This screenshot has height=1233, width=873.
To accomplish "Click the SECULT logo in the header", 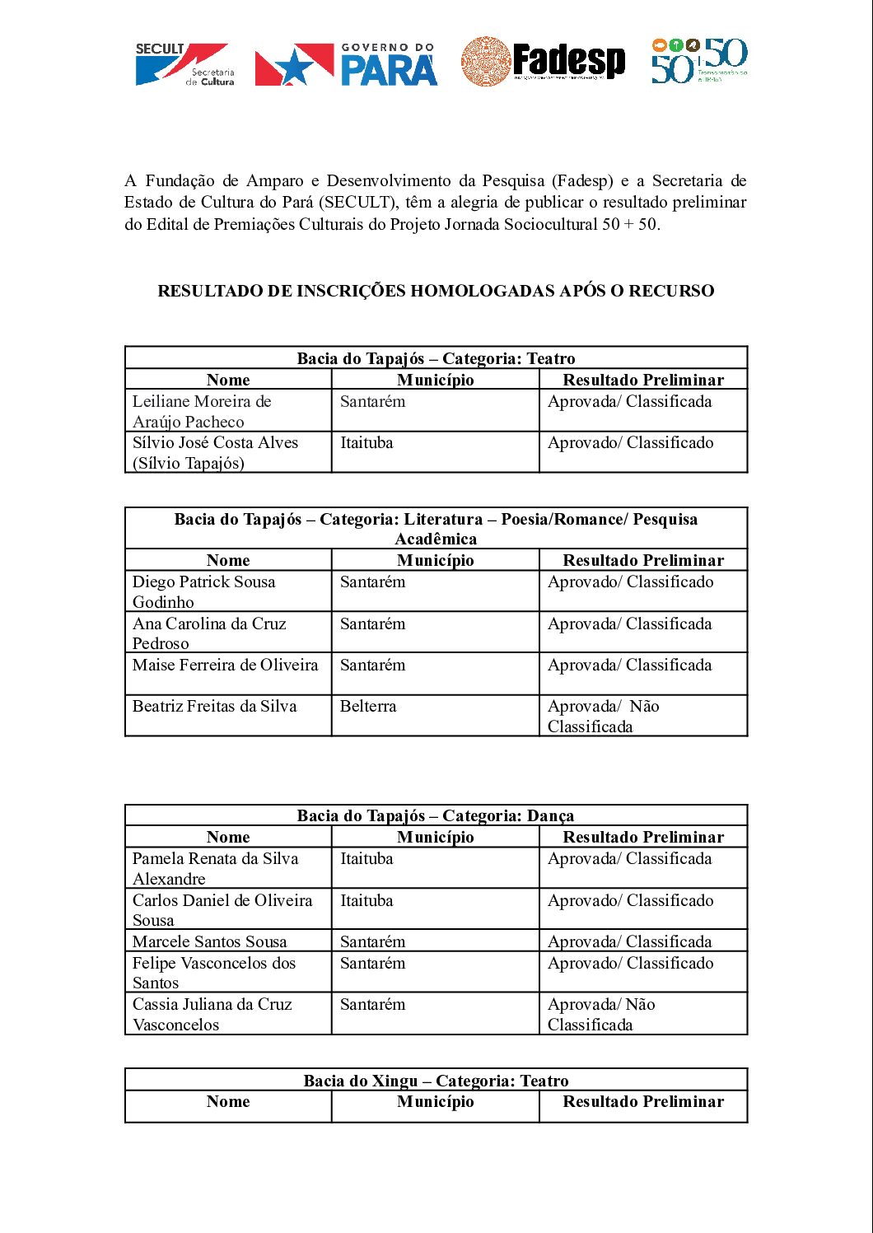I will pos(184,63).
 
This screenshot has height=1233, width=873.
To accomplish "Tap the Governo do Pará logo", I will pos(346,65).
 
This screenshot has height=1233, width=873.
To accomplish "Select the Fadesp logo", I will pos(544,62).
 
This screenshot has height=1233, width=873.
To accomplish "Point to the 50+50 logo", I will pos(699,60).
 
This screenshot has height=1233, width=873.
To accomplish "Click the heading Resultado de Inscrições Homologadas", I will pos(436,291).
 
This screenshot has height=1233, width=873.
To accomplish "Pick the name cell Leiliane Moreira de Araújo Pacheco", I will pos(202,411).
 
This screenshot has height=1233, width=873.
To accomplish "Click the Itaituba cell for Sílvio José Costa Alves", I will pos(366,443).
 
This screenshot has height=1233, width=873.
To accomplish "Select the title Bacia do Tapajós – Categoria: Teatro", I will pos(436,358).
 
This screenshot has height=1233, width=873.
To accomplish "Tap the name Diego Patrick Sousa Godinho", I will pos(204,591).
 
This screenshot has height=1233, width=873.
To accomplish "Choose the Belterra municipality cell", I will pos(368,707).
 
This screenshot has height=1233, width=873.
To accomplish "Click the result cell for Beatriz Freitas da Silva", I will pos(604,716).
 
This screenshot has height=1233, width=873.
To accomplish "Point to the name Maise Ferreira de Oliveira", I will pos(225,666).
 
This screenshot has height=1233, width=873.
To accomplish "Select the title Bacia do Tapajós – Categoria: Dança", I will pos(436,815).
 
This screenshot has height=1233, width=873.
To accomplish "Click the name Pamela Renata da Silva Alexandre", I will pos(215,868).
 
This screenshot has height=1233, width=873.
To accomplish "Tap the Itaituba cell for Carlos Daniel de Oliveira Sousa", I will pos(366,901).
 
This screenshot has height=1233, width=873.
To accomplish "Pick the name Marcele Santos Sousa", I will pos(210,941).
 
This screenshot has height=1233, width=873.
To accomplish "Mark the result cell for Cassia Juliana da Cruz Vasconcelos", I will pos(601,1014).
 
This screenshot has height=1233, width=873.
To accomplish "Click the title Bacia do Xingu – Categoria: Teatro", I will pos(436,1081).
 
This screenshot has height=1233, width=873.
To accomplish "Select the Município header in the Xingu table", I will pos(436,1102).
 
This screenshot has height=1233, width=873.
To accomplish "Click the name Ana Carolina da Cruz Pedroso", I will pos(209,633).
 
